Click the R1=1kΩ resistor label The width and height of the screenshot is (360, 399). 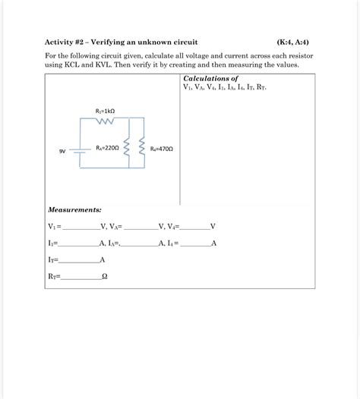click(105, 111)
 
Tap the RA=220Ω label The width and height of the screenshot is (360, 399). click(107, 148)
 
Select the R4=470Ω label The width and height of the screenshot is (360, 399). click(162, 149)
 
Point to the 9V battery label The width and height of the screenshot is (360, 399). click(63, 152)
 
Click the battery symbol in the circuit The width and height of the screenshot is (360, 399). click(79, 150)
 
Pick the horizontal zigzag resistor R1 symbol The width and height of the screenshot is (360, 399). click(104, 120)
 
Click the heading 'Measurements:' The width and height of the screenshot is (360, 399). click(74, 209)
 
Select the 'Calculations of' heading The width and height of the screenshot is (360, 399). click(210, 78)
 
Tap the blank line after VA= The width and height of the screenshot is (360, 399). click(141, 227)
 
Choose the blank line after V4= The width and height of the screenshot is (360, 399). click(194, 227)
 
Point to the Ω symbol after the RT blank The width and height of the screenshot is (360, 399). click(104, 277)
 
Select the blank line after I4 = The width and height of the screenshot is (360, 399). click(196, 244)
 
